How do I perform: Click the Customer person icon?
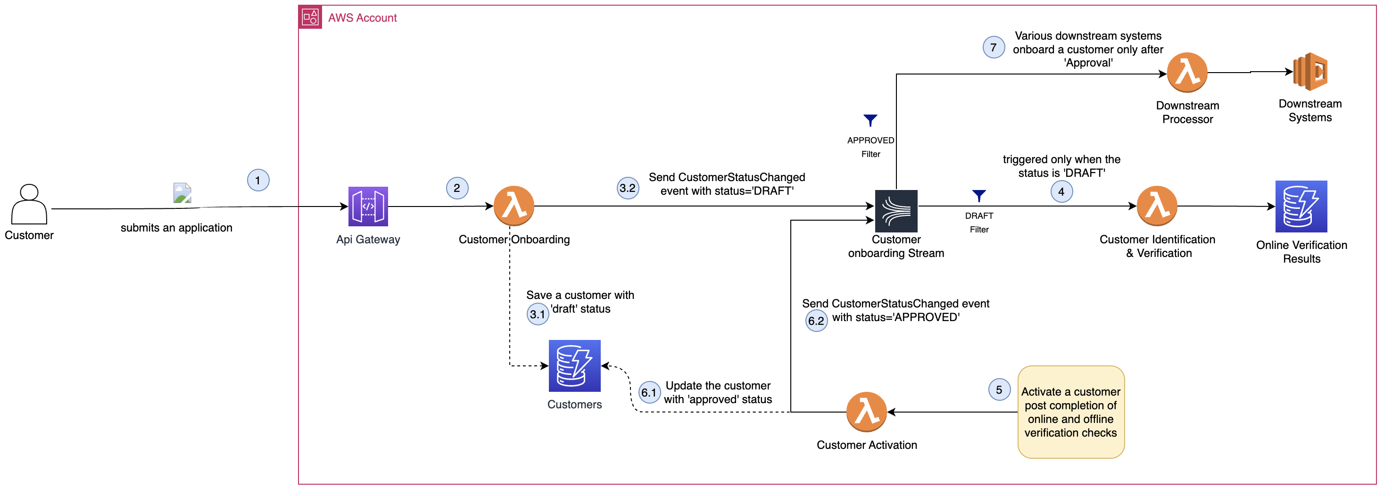coord(29,204)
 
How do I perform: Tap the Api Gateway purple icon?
coord(368,207)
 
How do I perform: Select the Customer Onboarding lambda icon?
coord(514,206)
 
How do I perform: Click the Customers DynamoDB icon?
coord(574,366)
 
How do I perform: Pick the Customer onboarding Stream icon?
coord(896,211)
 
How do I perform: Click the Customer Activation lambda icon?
coord(866,412)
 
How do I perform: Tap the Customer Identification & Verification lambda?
coord(1157,206)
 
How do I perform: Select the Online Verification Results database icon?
coord(1301,207)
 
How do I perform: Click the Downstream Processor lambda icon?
coord(1187,73)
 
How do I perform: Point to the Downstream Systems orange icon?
coord(1310,71)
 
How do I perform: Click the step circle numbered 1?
coord(258,181)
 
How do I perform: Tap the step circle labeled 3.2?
coord(627,188)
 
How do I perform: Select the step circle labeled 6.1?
coord(649,393)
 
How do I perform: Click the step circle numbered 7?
coord(993,48)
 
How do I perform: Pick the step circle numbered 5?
coord(999,389)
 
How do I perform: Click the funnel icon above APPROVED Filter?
coord(870,120)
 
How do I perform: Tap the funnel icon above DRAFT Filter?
coord(978,196)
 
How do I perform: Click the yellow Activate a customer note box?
coord(1070,412)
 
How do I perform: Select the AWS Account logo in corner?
coord(310,17)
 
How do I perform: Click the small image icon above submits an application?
coord(182,193)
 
